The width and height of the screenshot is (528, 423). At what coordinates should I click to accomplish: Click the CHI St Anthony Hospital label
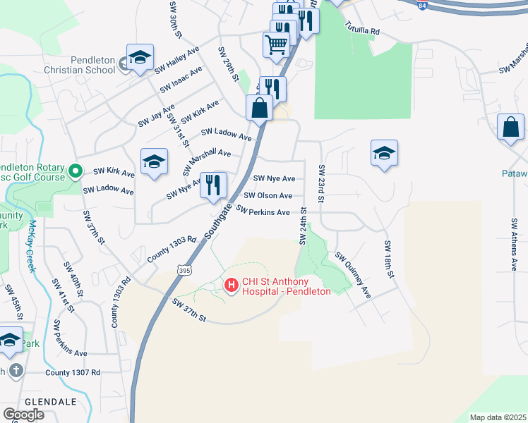(x=286, y=286)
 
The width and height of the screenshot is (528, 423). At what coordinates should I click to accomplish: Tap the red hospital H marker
(x=230, y=286)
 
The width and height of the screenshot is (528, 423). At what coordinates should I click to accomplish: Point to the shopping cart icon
(x=276, y=44)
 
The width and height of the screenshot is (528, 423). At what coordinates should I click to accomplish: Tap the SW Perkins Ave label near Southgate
(x=263, y=211)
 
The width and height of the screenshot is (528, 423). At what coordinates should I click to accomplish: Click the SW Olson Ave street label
(x=268, y=195)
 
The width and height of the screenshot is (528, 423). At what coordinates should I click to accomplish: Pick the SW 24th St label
(x=303, y=226)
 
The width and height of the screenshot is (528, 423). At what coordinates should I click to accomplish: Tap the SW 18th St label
(x=388, y=259)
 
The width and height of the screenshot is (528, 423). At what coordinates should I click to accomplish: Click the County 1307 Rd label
(x=72, y=372)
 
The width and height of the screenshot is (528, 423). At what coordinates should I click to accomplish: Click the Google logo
(x=23, y=415)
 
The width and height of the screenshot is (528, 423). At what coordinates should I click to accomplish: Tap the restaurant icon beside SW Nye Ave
(x=213, y=185)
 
